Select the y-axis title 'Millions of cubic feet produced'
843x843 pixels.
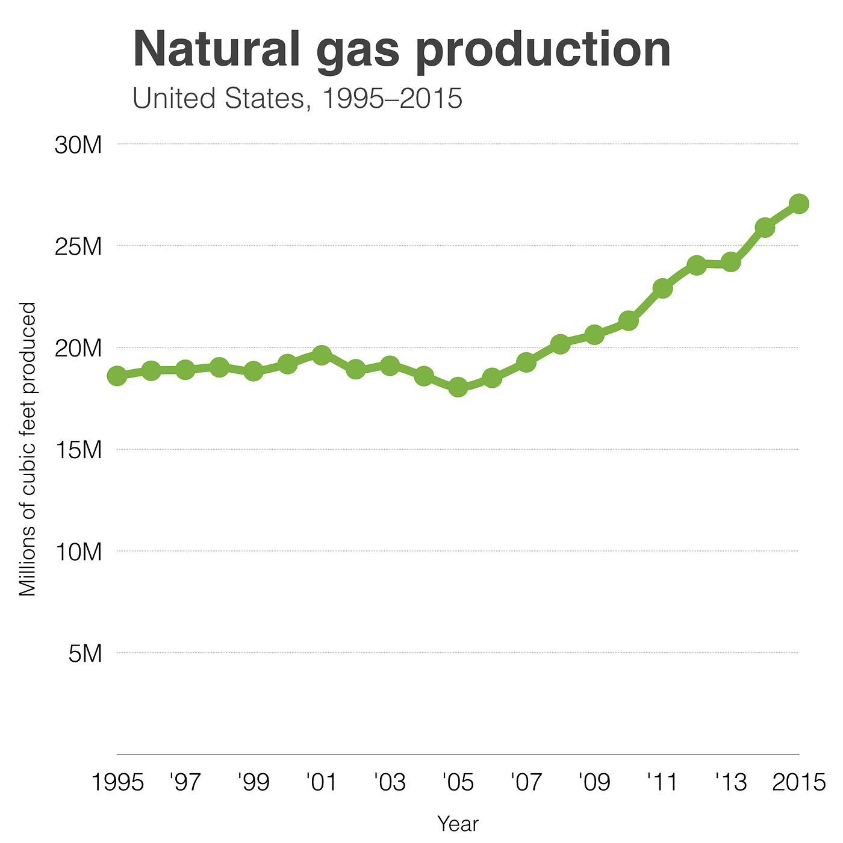28,449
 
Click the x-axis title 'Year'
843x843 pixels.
458,824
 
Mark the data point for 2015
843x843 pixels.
798,204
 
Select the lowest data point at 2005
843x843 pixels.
458,387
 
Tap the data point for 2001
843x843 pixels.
322,354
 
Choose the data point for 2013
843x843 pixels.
730,263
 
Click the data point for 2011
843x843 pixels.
662,288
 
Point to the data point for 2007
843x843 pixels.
526,362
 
